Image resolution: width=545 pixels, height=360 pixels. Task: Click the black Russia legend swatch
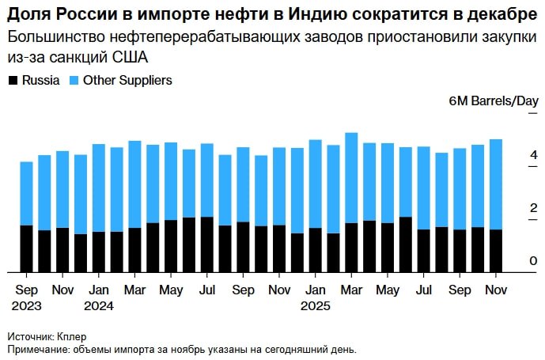(13, 81)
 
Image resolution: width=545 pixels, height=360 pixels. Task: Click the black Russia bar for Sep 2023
(26, 248)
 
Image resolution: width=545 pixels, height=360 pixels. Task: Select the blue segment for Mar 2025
(352, 177)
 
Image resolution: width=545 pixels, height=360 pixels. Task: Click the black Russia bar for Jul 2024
(206, 244)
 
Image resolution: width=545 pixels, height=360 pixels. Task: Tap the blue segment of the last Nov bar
(497, 184)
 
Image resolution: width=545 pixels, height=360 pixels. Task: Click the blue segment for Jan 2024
(98, 188)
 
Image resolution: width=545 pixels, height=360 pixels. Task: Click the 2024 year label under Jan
(99, 305)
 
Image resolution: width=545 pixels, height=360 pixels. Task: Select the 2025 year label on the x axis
(316, 305)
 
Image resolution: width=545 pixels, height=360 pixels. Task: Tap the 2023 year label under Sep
(26, 305)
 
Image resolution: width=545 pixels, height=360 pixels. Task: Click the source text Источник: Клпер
(47, 335)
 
